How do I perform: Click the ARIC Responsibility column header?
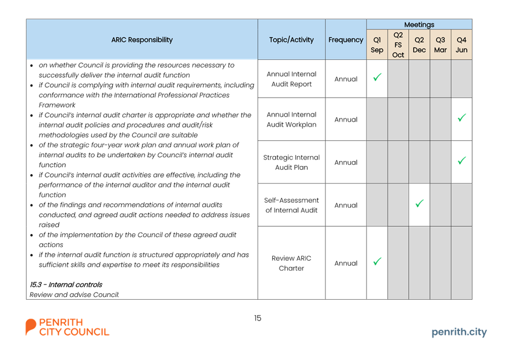click(142, 39)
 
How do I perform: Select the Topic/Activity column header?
click(291, 39)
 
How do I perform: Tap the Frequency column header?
click(346, 39)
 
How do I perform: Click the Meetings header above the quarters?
click(419, 24)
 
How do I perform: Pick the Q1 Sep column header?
click(377, 45)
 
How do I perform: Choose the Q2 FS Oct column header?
click(398, 45)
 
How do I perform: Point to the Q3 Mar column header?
click(440, 45)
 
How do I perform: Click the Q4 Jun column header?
click(461, 45)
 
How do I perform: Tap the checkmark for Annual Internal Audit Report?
click(377, 77)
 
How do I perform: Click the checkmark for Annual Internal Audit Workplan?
click(461, 117)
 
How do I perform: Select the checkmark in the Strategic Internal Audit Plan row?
click(461, 161)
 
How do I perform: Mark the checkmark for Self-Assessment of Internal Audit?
click(419, 203)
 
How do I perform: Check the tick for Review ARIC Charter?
click(377, 261)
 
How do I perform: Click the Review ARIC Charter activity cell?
click(291, 263)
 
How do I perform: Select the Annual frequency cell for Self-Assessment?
click(346, 205)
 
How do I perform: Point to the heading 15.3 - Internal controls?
click(66, 285)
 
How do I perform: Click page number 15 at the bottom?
click(258, 318)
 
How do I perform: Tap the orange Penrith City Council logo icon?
click(31, 327)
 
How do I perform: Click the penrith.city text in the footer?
click(459, 332)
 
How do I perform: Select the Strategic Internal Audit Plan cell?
click(291, 162)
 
